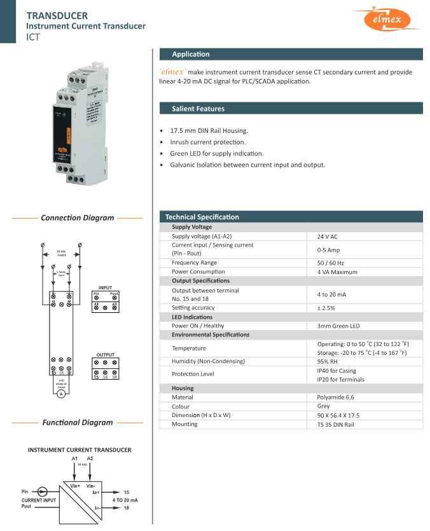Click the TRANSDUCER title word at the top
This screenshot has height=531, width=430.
pos(57,15)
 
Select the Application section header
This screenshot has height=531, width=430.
pos(191,54)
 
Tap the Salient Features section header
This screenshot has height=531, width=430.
pos(198,109)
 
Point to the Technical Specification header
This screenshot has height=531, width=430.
pos(202,217)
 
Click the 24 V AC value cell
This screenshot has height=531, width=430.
pos(327,237)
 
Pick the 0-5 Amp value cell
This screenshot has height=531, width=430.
pos(328,250)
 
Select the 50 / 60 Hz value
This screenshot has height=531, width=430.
pos(330,263)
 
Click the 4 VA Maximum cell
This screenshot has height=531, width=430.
pos(337,272)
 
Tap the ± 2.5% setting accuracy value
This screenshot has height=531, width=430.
pos(326,308)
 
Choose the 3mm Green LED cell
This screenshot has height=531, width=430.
pos(338,326)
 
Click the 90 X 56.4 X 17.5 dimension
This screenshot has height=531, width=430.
pos(338,415)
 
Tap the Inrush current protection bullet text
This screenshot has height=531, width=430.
pos(207,142)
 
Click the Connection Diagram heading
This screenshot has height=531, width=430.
pos(78,217)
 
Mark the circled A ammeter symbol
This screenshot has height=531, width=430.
pos(61,394)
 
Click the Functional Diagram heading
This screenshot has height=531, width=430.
pos(78,422)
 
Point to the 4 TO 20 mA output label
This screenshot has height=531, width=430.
pos(125,500)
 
